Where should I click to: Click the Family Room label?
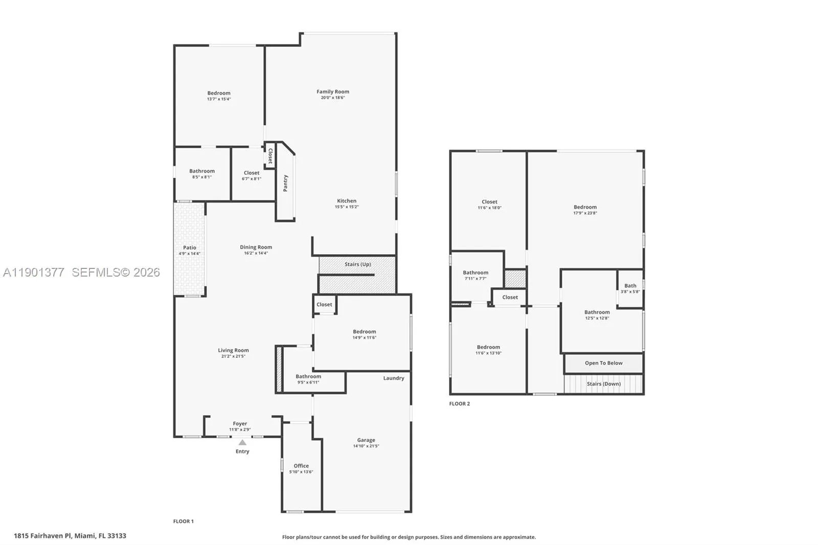[333, 92]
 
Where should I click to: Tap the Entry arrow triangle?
[242, 443]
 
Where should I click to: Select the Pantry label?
[285, 183]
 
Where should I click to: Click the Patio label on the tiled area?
[190, 247]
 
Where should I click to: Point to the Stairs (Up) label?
[357, 264]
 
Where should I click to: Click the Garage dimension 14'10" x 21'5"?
[366, 446]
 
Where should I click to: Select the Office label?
[301, 466]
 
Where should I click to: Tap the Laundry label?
[394, 378]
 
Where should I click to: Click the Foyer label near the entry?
[240, 424]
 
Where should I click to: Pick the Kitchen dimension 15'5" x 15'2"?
[347, 207]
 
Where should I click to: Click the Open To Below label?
[604, 363]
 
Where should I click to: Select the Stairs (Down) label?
[604, 384]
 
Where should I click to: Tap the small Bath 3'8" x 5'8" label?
[630, 286]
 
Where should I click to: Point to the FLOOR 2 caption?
[460, 404]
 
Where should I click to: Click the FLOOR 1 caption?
[184, 521]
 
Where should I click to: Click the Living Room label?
[233, 350]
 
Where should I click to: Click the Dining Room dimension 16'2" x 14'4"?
[256, 253]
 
